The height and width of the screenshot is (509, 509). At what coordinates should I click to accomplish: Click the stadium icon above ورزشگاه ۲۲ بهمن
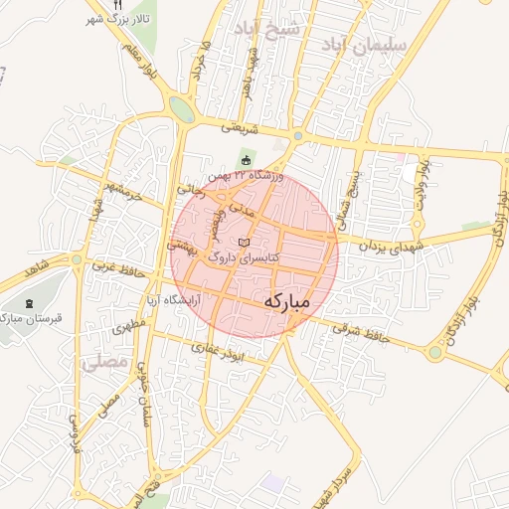click(x=247, y=161)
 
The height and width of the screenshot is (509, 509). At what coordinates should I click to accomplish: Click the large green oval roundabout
click(x=181, y=108)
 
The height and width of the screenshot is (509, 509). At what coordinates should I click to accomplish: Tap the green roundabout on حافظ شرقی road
click(x=434, y=351)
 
